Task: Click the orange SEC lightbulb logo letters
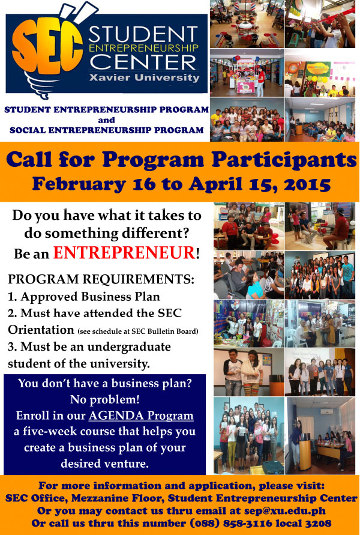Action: click(47, 46)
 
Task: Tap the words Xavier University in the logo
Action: click(144, 77)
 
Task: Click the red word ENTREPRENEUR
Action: click(124, 253)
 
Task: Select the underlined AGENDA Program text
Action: click(141, 416)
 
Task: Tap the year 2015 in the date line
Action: click(307, 184)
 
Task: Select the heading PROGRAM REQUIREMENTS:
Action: click(101, 279)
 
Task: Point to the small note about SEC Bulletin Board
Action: click(138, 331)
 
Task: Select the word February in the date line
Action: click(79, 184)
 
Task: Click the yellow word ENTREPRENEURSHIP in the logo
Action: click(143, 48)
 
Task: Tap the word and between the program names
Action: click(106, 120)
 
